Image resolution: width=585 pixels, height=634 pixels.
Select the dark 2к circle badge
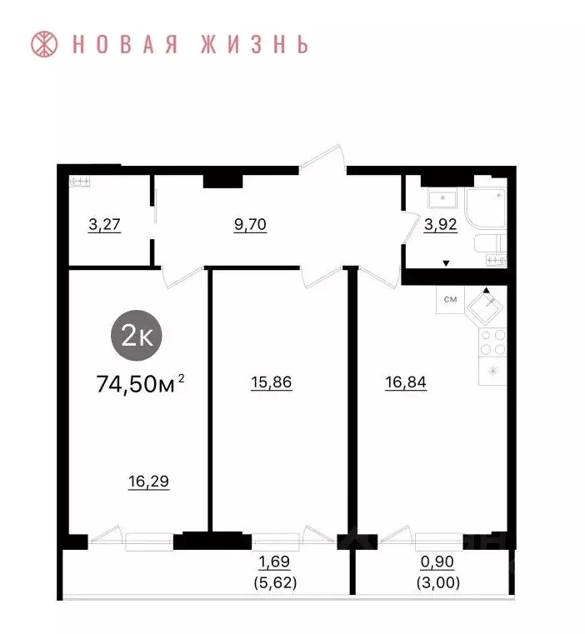[x=137, y=336]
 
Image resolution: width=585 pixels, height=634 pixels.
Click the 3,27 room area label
[x=105, y=225]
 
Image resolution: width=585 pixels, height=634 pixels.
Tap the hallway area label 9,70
[x=250, y=225]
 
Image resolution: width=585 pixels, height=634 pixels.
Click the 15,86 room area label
[x=271, y=383]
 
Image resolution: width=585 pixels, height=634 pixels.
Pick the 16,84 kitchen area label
[x=406, y=383]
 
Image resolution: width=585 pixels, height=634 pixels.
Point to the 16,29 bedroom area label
[x=149, y=481]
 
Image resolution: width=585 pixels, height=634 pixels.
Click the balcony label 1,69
[x=273, y=563]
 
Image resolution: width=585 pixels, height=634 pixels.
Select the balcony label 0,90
[x=438, y=563]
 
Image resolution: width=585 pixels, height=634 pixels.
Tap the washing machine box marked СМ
[x=449, y=299]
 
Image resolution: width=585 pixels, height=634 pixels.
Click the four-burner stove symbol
[x=492, y=342]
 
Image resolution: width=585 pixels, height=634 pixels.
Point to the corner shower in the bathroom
[x=487, y=207]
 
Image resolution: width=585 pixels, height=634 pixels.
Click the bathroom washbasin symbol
[x=441, y=199]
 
